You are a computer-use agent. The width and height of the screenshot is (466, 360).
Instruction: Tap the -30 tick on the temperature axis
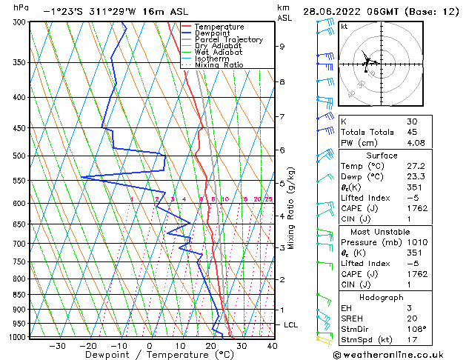coord(57,345)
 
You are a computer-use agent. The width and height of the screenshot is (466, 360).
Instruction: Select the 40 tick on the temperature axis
coord(272,345)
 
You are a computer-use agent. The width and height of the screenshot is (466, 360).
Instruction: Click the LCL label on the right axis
coord(292,325)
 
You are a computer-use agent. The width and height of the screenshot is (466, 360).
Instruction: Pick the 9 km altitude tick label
coord(282,46)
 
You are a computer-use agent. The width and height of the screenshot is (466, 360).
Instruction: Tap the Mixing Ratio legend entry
coord(219,64)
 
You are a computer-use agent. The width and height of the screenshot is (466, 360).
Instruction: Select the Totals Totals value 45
coord(412,132)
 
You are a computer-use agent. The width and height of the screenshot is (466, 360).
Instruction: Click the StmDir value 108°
coord(417,329)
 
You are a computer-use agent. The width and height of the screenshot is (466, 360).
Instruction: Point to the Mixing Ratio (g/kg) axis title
coord(292,207)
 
